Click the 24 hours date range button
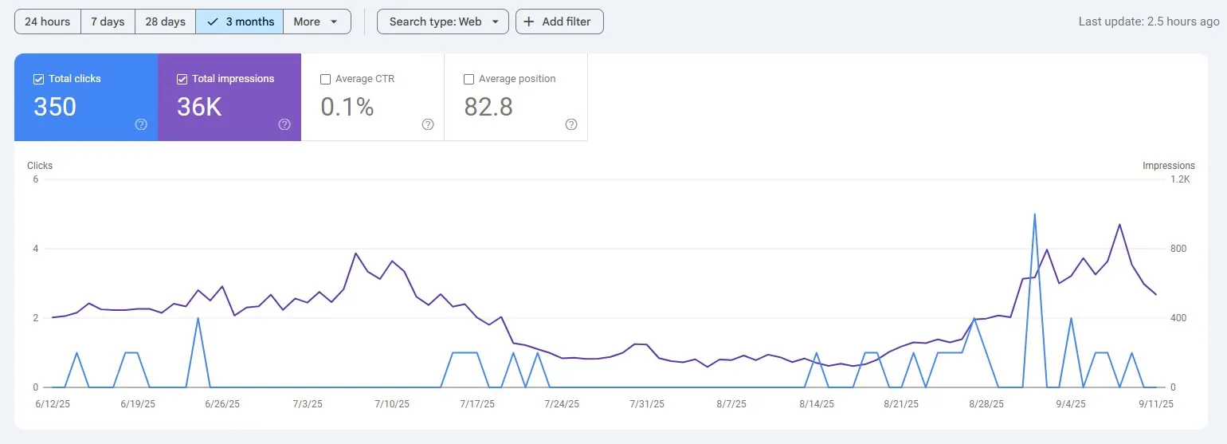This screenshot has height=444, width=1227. click(x=48, y=22)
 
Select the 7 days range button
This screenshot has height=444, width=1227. click(x=108, y=22)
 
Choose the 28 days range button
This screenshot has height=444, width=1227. click(x=165, y=22)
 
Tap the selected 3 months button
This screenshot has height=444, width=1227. click(x=240, y=22)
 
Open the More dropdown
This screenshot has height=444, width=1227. click(x=316, y=22)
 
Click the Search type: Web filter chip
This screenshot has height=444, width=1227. click(x=442, y=22)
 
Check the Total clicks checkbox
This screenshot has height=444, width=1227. click(x=38, y=79)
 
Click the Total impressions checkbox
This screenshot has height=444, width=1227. click(x=182, y=79)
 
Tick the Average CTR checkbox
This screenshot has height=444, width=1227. click(x=325, y=79)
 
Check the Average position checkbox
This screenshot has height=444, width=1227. click(x=468, y=79)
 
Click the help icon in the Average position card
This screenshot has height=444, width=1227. click(x=571, y=124)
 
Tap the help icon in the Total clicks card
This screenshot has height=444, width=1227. click(x=141, y=124)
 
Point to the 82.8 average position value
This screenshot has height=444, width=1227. click(x=488, y=107)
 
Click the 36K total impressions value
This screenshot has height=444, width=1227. click(x=199, y=107)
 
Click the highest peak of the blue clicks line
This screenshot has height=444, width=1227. click(x=1034, y=214)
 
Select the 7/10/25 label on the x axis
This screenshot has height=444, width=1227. click(x=391, y=404)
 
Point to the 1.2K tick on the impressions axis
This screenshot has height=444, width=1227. click(x=1180, y=179)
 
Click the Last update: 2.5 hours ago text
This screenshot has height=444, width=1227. click(x=1148, y=22)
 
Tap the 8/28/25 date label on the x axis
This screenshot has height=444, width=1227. click(x=986, y=404)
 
